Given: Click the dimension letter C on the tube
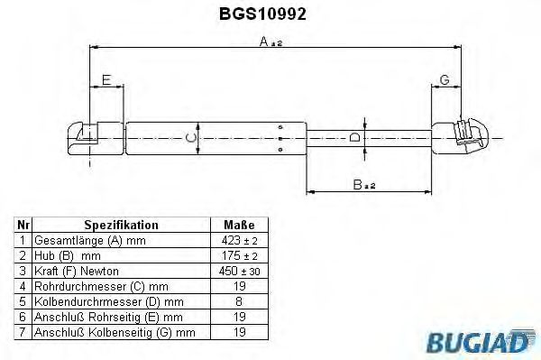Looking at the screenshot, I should click(x=188, y=137).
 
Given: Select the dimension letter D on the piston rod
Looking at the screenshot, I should click(x=355, y=138).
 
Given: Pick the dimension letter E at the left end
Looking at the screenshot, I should click(x=106, y=81).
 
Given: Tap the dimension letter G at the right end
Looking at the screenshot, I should click(x=445, y=81).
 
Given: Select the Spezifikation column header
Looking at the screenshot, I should click(x=121, y=226).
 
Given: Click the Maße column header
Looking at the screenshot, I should click(x=238, y=226).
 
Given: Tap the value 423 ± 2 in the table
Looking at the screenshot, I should click(x=238, y=242).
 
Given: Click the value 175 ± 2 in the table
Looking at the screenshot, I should click(x=238, y=256).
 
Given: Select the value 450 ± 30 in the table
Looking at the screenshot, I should click(x=238, y=271).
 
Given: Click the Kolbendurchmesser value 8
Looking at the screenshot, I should click(x=238, y=300).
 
